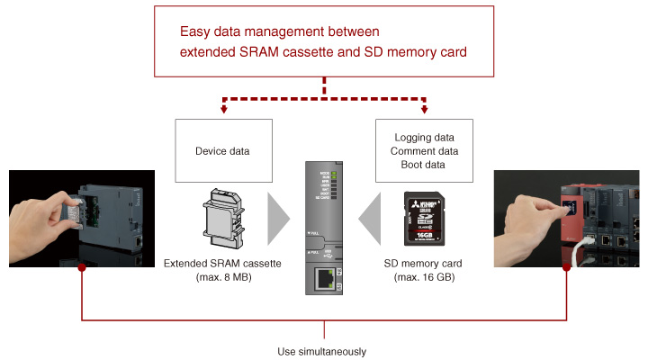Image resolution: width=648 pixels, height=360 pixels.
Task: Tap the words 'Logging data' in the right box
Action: (x=426, y=138)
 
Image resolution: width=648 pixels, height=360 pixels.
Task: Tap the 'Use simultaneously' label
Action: (x=323, y=351)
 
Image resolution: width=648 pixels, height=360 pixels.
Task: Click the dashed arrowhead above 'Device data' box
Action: (x=224, y=112)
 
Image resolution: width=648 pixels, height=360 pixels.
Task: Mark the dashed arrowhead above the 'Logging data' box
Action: (x=423, y=112)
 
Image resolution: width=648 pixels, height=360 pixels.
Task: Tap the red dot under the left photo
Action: (x=82, y=267)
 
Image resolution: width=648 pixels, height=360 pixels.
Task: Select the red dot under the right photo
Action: (x=567, y=267)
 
